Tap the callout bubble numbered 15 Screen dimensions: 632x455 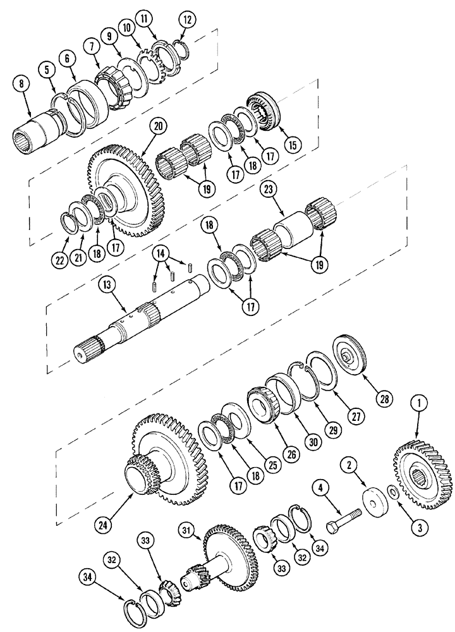click(x=291, y=144)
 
